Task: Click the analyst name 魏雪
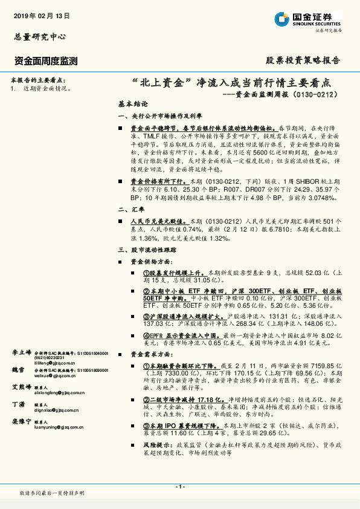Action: [x=18, y=369]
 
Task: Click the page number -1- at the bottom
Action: [x=179, y=487]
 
